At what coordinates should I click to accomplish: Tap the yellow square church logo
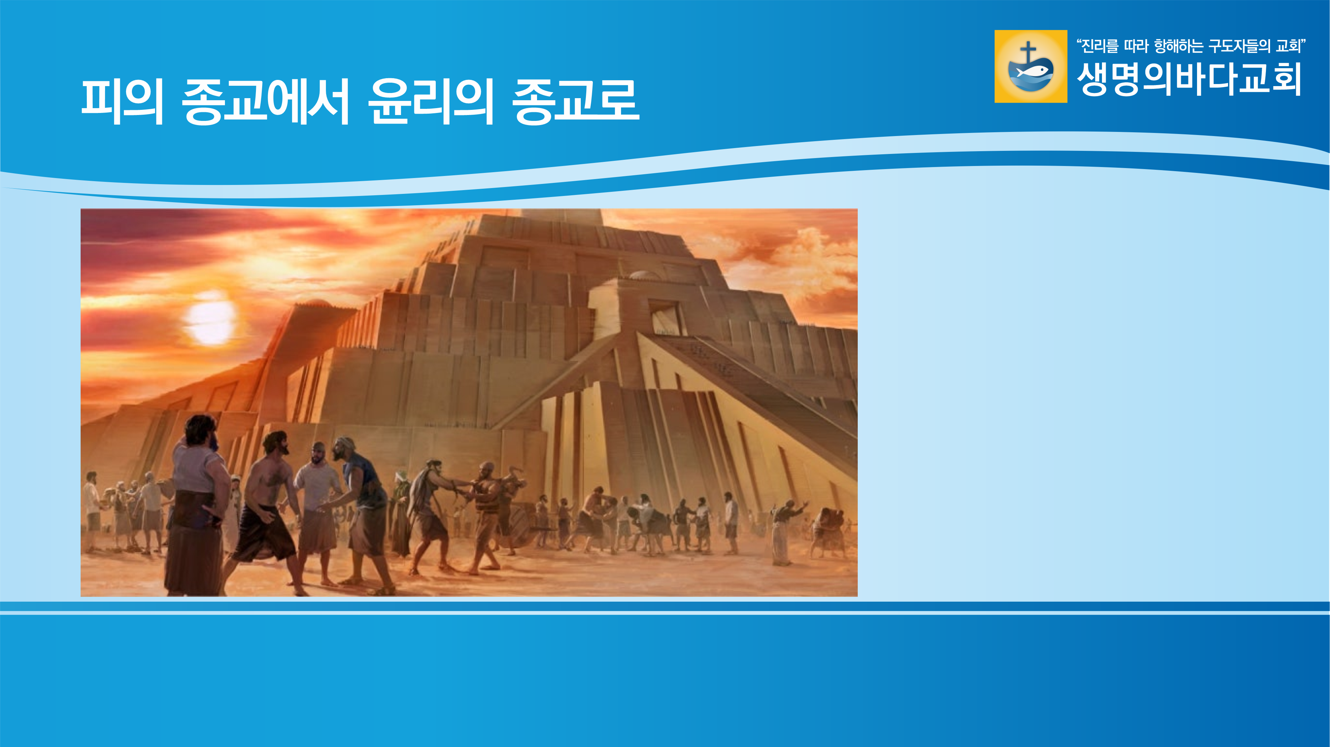[x=1031, y=66]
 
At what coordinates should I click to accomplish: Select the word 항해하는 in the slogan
[x=1179, y=46]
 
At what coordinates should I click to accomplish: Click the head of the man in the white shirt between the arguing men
[x=319, y=453]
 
